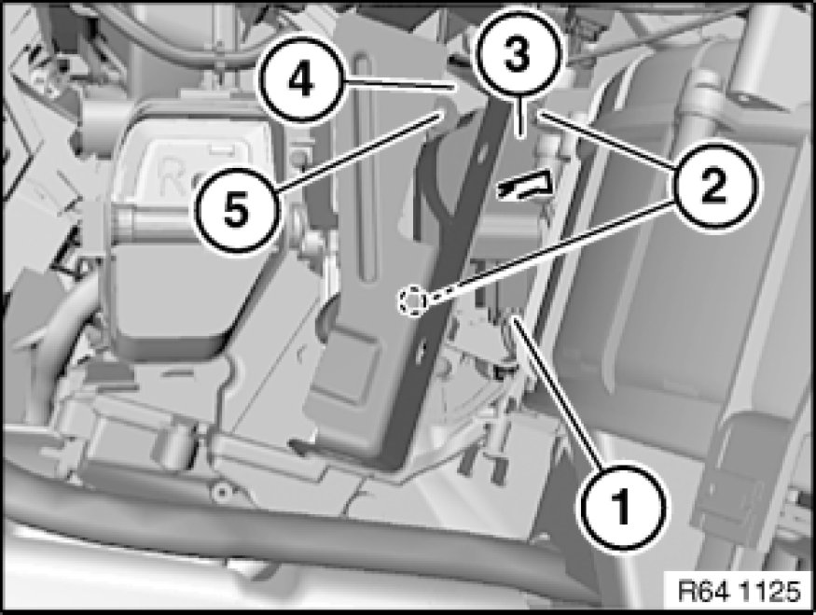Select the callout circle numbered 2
(714, 187)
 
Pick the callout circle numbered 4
(302, 80)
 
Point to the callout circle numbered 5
(237, 209)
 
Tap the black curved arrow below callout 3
(523, 185)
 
